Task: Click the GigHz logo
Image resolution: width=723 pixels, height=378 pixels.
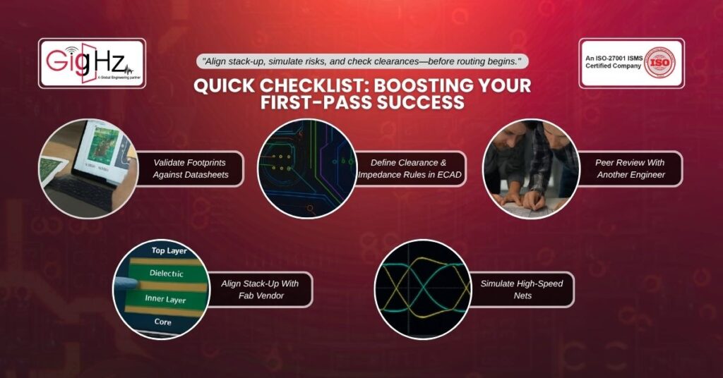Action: pyautogui.click(x=92, y=63)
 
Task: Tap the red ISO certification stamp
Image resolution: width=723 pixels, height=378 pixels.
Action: pyautogui.click(x=660, y=63)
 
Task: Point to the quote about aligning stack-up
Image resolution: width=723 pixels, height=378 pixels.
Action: pyautogui.click(x=362, y=61)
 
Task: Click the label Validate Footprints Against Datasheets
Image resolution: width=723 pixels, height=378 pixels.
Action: pyautogui.click(x=191, y=169)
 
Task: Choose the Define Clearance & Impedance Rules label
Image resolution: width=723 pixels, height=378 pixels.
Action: pyautogui.click(x=409, y=169)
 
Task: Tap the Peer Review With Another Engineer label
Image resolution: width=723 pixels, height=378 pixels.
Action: pyautogui.click(x=631, y=169)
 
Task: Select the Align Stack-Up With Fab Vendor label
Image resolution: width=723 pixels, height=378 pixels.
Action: pyautogui.click(x=260, y=290)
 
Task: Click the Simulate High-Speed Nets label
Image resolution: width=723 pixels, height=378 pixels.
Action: pyautogui.click(x=522, y=290)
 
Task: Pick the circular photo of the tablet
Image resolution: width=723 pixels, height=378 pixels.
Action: pyautogui.click(x=88, y=169)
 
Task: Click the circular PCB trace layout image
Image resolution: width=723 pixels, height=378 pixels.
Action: pyautogui.click(x=307, y=169)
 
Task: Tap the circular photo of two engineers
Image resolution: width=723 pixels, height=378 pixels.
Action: pyautogui.click(x=531, y=169)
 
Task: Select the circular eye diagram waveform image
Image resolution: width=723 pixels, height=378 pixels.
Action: pyautogui.click(x=423, y=289)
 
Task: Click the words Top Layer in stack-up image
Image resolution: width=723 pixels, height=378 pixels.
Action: pyautogui.click(x=169, y=250)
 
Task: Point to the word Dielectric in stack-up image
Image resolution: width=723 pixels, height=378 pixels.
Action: pyautogui.click(x=167, y=273)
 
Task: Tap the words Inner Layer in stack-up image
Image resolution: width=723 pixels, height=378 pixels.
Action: pyautogui.click(x=165, y=299)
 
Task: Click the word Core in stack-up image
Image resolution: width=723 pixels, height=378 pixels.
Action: pyautogui.click(x=163, y=322)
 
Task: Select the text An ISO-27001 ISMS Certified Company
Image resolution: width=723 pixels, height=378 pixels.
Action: pyautogui.click(x=614, y=62)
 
